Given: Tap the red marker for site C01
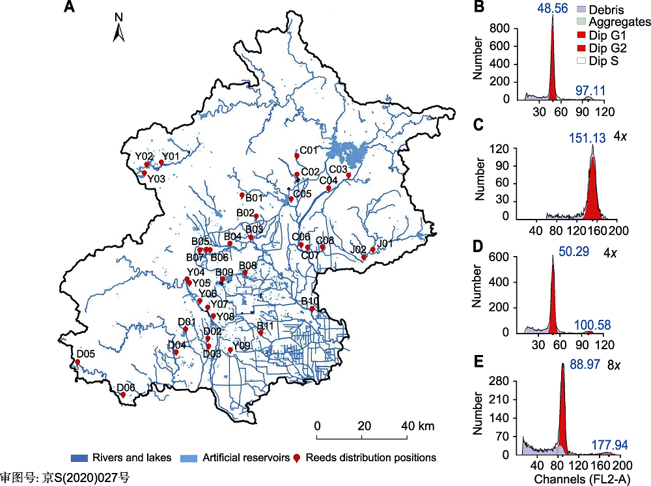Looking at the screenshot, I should (x=297, y=156).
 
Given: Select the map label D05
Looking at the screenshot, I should (x=85, y=354).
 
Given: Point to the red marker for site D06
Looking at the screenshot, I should (x=123, y=394).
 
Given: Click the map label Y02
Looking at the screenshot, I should (x=145, y=156).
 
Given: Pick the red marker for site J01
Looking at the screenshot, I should (x=372, y=250).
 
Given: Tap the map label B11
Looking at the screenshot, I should (x=267, y=326).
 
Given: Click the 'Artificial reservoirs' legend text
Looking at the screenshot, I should (x=245, y=458).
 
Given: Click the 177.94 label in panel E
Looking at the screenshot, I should (x=610, y=445).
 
